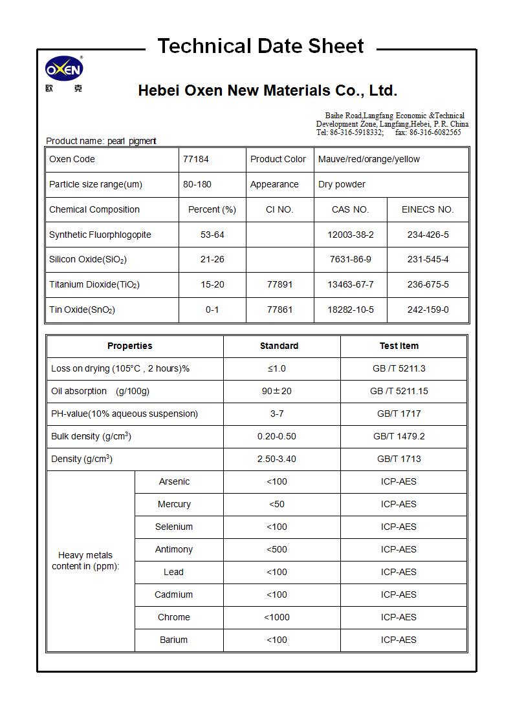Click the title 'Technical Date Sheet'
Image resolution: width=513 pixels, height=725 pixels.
click(x=261, y=46)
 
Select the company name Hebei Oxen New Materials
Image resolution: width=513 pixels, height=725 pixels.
click(x=267, y=90)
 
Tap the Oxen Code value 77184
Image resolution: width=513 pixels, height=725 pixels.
click(x=196, y=159)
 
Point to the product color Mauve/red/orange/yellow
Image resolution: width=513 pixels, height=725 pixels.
click(x=369, y=159)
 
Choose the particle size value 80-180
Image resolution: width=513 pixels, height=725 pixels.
click(x=196, y=184)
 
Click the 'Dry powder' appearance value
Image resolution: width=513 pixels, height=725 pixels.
click(x=342, y=184)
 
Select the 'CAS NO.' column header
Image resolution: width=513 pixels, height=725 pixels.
click(x=350, y=209)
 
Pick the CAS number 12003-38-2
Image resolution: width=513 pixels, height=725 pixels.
click(x=350, y=235)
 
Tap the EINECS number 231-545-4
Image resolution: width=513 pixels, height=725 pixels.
click(x=428, y=259)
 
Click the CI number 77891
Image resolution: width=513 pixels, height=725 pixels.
click(x=279, y=284)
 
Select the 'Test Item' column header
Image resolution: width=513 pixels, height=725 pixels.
click(x=398, y=346)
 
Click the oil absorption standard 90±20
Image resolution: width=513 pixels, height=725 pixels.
click(x=277, y=391)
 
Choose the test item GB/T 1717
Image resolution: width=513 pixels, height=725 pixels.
click(x=398, y=414)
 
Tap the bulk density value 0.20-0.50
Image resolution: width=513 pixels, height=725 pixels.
click(x=277, y=436)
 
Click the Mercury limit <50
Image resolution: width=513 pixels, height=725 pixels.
click(x=276, y=504)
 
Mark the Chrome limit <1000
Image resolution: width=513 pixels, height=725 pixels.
click(x=277, y=617)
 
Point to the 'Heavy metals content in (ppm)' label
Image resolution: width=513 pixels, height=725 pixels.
click(x=85, y=560)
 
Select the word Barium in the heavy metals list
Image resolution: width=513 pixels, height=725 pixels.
click(x=173, y=640)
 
